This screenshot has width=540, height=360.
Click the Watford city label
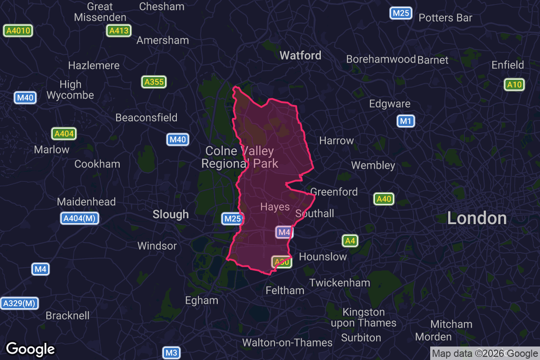[300, 55]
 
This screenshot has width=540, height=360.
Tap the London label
[477, 218]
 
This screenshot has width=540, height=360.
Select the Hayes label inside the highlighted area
[275, 207]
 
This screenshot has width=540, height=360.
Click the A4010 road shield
[18, 31]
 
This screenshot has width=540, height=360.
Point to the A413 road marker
[119, 31]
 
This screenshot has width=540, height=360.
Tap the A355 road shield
[154, 82]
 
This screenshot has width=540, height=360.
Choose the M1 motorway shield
[406, 121]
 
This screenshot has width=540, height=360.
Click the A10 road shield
[514, 85]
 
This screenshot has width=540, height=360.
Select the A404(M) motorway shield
[80, 219]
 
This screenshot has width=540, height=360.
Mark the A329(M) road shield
[19, 303]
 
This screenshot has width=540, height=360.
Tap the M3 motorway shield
[171, 353]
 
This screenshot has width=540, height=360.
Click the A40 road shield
[384, 199]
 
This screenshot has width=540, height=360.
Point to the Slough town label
[171, 214]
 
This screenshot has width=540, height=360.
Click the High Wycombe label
[70, 90]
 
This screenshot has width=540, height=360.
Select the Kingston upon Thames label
[364, 317]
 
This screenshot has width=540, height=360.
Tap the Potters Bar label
[445, 18]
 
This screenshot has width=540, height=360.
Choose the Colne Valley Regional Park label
[239, 157]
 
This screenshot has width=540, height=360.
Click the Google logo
[31, 349]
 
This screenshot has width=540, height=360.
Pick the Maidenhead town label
[86, 202]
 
